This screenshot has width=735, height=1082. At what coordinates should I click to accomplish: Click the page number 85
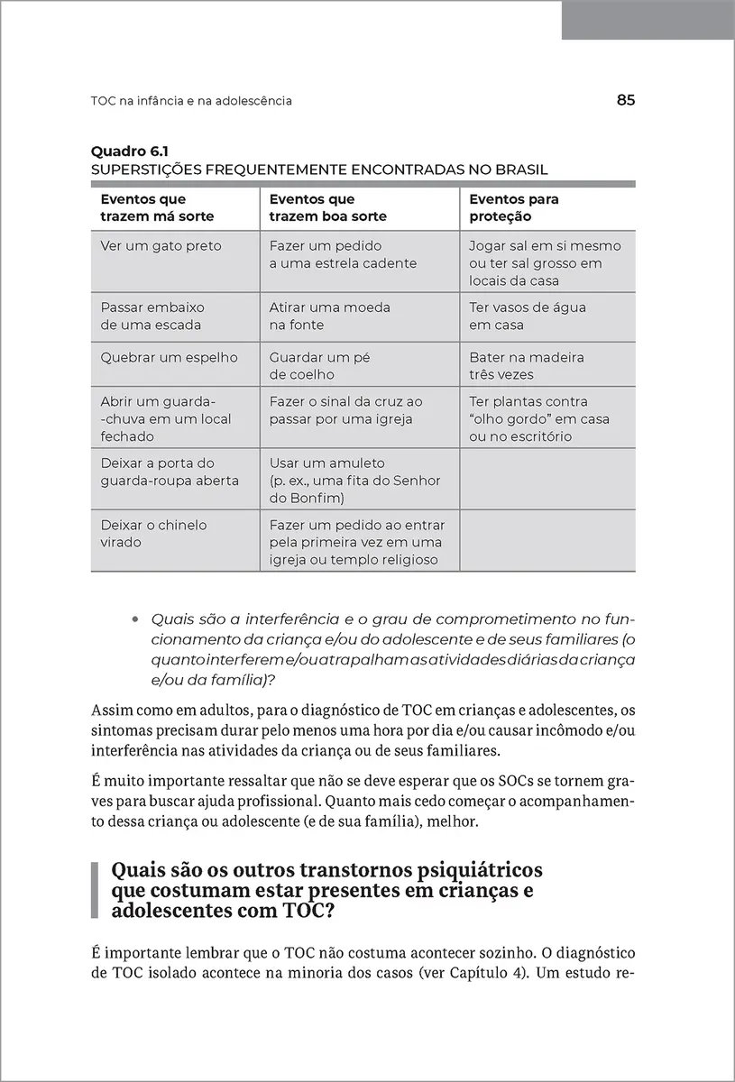[626, 101]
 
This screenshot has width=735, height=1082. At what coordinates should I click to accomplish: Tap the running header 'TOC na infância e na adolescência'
[191, 101]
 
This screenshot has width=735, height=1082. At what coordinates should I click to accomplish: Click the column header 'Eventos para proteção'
[514, 208]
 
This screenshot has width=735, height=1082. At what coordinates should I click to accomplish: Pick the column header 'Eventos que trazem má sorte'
[157, 208]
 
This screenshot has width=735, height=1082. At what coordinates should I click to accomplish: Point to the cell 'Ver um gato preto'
[161, 246]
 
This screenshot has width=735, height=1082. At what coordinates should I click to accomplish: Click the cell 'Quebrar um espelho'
[169, 357]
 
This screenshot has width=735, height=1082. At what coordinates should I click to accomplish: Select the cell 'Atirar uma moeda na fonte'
[329, 316]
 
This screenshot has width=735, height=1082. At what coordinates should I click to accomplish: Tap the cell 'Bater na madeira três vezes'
[527, 365]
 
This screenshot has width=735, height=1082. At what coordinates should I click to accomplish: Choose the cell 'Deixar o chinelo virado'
[153, 534]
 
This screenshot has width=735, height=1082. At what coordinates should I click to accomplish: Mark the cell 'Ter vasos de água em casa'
[528, 316]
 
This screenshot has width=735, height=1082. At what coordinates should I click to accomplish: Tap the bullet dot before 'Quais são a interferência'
[135, 620]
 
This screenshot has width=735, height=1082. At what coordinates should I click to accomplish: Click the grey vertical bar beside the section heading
[95, 890]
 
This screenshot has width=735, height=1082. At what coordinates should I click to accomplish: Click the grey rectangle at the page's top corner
[648, 20]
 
